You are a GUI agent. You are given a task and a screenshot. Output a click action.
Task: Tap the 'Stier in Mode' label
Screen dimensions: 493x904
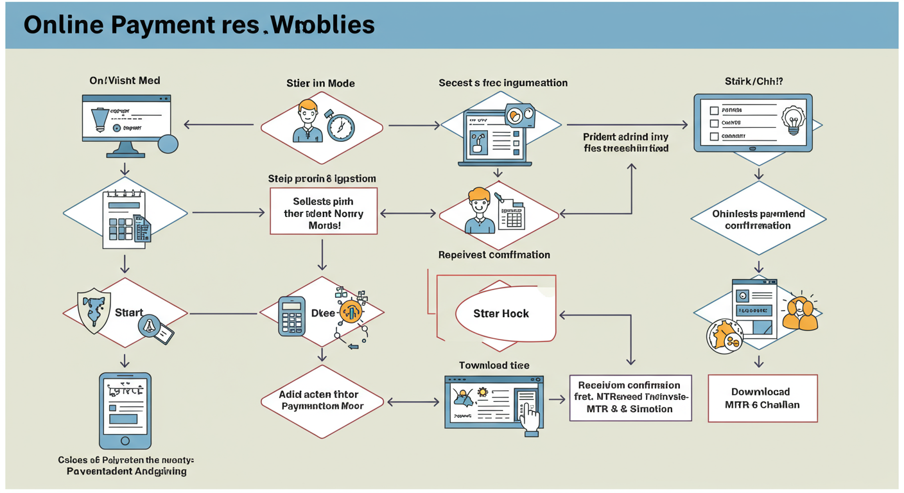tap(320, 83)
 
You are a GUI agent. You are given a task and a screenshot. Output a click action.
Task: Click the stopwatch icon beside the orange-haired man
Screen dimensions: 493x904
tap(340, 126)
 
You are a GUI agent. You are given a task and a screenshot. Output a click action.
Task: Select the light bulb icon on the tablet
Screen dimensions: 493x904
tap(793, 119)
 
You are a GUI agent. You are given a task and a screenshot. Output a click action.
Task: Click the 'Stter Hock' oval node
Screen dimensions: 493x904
tap(501, 314)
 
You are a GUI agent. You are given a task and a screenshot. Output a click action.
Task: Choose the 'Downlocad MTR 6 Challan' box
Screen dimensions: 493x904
tap(762, 398)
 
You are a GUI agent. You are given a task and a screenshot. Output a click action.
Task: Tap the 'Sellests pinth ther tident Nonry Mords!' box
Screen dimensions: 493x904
tap(323, 211)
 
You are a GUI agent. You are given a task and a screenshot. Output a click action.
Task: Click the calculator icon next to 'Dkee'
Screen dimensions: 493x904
tap(291, 315)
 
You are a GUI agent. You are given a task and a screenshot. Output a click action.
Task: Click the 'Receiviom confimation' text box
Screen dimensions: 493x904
tap(630, 397)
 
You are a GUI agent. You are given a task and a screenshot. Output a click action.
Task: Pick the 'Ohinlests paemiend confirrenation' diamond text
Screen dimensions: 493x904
tap(758, 220)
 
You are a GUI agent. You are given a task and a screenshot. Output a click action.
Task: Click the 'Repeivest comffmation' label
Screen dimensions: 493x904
tap(494, 255)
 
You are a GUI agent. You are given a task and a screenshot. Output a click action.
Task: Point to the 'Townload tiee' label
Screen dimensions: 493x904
tap(494, 365)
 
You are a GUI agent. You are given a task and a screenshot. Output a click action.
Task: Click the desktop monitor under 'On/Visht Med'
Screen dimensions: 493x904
tap(126, 122)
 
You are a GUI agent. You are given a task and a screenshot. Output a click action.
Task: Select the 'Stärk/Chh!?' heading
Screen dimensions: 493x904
tap(753, 82)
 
